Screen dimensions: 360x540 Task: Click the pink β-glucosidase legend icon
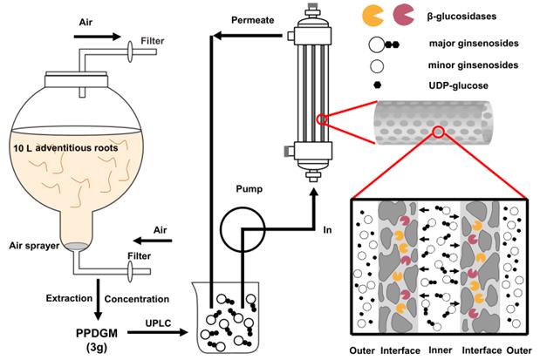click(405, 14)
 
